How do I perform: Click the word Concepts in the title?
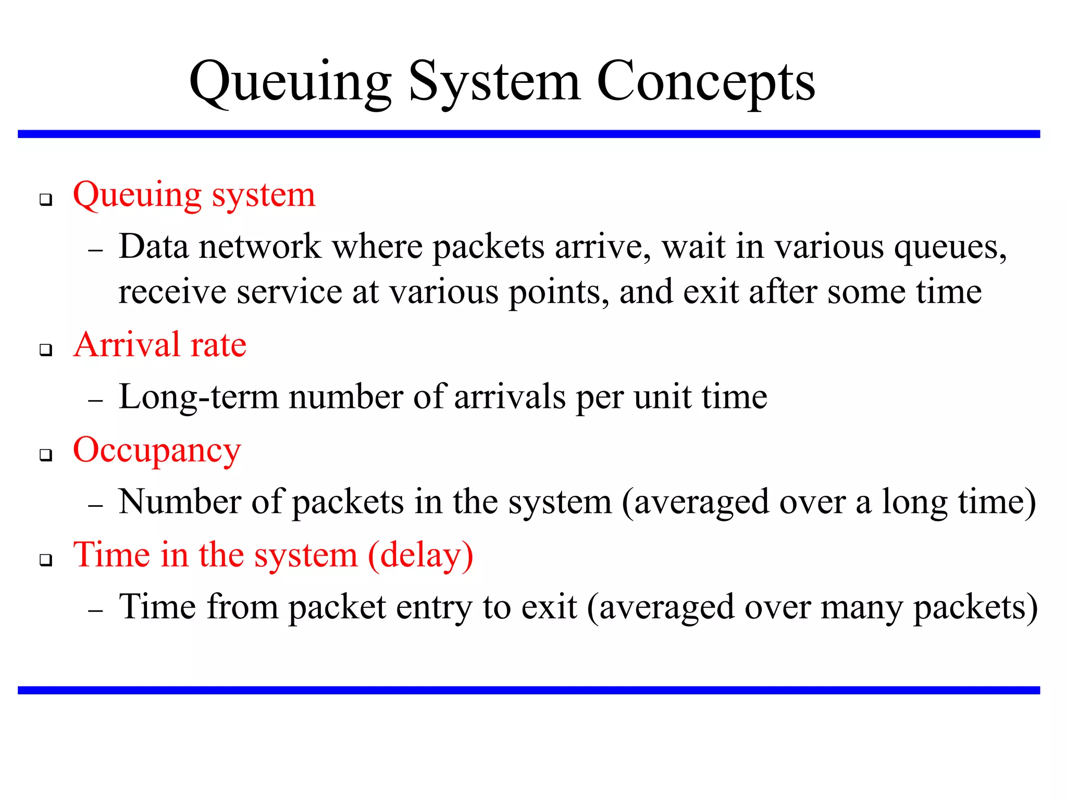pyautogui.click(x=705, y=82)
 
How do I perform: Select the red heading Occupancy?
pyautogui.click(x=157, y=451)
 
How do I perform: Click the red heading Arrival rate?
pyautogui.click(x=159, y=345)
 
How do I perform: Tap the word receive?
pyautogui.click(x=172, y=292)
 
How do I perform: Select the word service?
pyautogui.click(x=289, y=292)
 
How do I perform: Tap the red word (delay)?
pyautogui.click(x=421, y=555)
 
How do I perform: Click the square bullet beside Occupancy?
pyautogui.click(x=46, y=455)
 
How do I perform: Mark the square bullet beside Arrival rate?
pyautogui.click(x=46, y=349)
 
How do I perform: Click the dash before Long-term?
pyautogui.click(x=96, y=401)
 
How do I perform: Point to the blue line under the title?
pyautogui.click(x=528, y=134)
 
